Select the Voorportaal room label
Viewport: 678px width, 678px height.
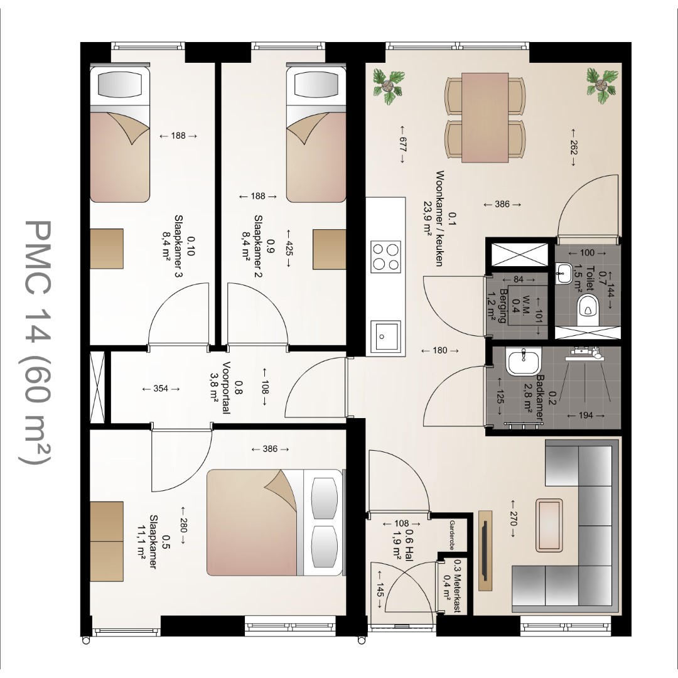pyautogui.click(x=226, y=387)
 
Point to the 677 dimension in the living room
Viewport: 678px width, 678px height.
pyautogui.click(x=402, y=144)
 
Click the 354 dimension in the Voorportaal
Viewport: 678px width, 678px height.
pyautogui.click(x=161, y=389)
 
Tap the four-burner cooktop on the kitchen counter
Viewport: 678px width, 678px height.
pyautogui.click(x=385, y=256)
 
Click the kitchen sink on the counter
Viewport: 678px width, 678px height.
pyautogui.click(x=385, y=336)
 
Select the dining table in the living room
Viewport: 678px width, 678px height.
pyautogui.click(x=485, y=117)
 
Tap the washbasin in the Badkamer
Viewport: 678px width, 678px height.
pyautogui.click(x=523, y=362)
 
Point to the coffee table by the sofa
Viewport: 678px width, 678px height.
pyautogui.click(x=549, y=525)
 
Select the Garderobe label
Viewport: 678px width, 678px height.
pyautogui.click(x=452, y=535)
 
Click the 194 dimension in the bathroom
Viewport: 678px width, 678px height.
pyautogui.click(x=586, y=416)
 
